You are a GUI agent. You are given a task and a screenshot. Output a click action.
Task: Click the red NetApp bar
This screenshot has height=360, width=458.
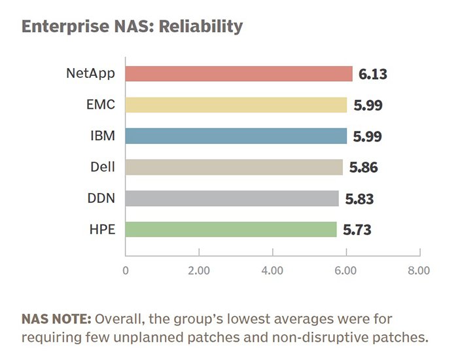(239, 73)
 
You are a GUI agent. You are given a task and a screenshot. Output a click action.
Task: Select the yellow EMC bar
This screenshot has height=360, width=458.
(236, 105)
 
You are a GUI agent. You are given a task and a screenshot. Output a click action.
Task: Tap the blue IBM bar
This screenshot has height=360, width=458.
(236, 136)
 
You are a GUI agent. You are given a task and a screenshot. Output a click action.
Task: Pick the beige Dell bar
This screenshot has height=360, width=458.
(234, 167)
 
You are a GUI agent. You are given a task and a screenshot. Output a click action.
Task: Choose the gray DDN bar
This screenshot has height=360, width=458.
(232, 198)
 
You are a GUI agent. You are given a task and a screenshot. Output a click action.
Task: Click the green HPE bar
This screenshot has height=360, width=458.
(231, 229)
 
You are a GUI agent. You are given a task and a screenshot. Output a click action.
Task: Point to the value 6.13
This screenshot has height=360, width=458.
(373, 74)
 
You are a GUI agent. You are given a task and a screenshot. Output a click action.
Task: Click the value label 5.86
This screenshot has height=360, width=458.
(364, 168)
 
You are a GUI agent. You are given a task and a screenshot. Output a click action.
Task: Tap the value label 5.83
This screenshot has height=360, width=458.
(359, 199)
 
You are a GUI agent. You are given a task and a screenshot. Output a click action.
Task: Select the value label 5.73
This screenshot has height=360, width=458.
(357, 230)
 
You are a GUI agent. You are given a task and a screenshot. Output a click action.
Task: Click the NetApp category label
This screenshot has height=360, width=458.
(90, 73)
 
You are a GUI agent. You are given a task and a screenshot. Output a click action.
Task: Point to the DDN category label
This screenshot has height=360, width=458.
(101, 198)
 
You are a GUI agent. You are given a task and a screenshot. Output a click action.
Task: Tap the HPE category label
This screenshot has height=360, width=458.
(102, 229)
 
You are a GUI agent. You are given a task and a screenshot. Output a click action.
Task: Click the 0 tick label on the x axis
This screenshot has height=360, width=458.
(126, 271)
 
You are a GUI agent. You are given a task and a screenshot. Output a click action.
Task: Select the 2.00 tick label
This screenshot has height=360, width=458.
(199, 271)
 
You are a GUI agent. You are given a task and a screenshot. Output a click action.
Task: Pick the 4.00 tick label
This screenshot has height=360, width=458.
(272, 271)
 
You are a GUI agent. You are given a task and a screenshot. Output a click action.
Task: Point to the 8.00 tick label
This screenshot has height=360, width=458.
(419, 271)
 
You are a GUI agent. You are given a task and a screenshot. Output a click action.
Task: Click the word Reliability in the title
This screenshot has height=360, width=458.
(201, 27)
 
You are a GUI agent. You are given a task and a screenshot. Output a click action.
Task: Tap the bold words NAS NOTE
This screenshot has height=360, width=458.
(56, 319)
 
